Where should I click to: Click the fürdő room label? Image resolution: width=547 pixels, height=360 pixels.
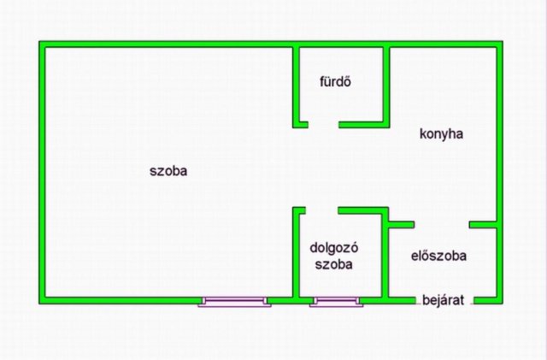click(x=335, y=81)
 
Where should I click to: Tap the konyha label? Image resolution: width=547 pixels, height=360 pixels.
click(x=441, y=133)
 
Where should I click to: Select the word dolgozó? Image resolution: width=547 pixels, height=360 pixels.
click(x=334, y=248)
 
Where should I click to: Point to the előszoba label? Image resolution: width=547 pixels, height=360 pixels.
click(x=438, y=256)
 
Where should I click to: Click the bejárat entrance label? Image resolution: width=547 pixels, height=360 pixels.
click(x=443, y=300)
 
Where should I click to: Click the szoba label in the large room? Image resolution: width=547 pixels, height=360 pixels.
click(x=168, y=171)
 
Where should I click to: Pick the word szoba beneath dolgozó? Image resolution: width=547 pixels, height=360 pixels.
click(x=334, y=264)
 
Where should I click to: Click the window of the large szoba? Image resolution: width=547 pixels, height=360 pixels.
click(x=234, y=302)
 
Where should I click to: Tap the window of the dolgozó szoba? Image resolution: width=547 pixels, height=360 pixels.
click(x=336, y=302)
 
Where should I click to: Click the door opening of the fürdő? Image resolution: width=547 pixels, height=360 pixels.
click(x=323, y=125)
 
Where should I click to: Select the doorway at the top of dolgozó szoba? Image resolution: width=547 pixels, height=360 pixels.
click(x=322, y=210)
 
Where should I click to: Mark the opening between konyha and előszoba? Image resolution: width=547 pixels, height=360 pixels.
click(x=442, y=225)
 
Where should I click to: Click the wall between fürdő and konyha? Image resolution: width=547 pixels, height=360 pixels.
click(x=386, y=85)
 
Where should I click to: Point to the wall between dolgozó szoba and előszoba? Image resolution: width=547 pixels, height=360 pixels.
click(x=385, y=256)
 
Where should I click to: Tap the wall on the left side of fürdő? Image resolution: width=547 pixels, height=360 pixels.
click(x=296, y=87)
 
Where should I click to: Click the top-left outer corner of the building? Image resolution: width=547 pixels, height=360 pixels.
click(x=39, y=41)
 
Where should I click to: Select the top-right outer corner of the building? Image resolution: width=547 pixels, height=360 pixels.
click(x=503, y=41)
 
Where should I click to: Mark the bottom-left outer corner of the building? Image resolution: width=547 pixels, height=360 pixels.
click(x=39, y=304)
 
